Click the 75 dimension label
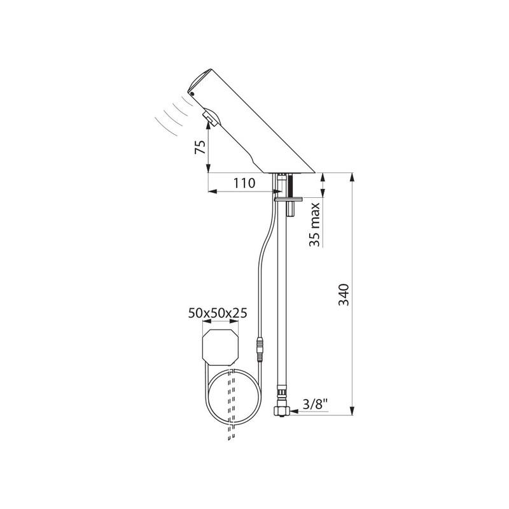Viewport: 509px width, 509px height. pyautogui.click(x=200, y=148)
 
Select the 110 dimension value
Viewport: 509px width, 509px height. pyautogui.click(x=244, y=183)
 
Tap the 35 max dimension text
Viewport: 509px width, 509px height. pyautogui.click(x=314, y=225)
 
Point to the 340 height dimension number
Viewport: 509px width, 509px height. pyautogui.click(x=344, y=295)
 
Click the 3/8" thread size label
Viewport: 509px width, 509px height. pyautogui.click(x=314, y=405)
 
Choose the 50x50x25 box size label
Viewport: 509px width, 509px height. pyautogui.click(x=218, y=313)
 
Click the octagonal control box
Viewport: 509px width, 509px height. pyautogui.click(x=220, y=347)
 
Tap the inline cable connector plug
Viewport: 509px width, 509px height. pyautogui.click(x=260, y=350)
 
